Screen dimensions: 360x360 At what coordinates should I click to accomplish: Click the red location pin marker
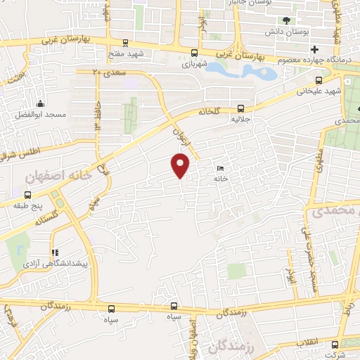(181, 165)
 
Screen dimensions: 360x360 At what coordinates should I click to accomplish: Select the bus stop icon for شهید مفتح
(125, 42)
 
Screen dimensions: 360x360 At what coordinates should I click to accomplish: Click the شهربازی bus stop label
(196, 63)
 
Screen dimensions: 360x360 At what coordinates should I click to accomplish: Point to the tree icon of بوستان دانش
(286, 20)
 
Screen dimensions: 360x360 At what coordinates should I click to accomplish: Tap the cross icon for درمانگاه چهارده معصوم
(315, 49)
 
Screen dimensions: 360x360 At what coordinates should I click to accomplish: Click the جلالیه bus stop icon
(241, 108)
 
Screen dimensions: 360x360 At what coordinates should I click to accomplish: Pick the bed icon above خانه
(221, 169)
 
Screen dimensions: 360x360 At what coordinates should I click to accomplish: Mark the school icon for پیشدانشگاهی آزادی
(55, 252)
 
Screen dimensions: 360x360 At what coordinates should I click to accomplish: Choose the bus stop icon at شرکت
(335, 345)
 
